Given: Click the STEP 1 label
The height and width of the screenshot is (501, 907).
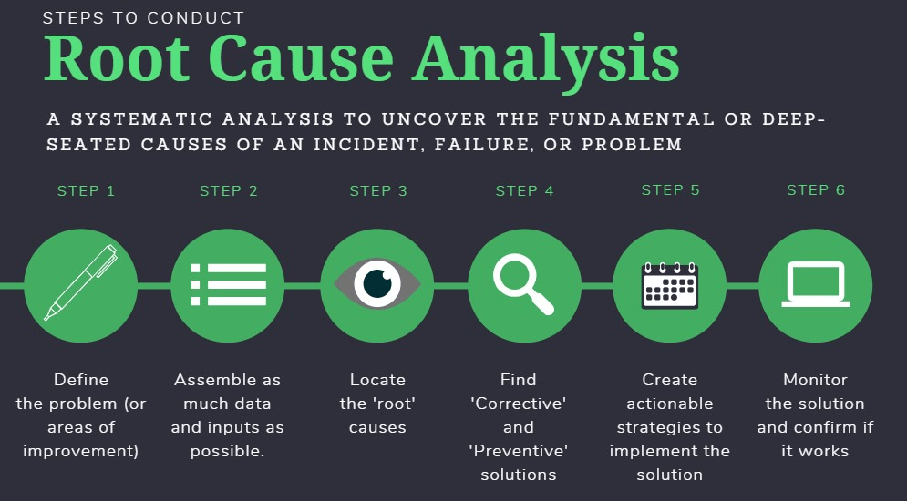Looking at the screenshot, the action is pyautogui.click(x=86, y=191).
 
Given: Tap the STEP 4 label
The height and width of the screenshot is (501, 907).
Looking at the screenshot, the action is pyautogui.click(x=524, y=191).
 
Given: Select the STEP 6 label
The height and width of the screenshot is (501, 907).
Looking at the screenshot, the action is pyautogui.click(x=816, y=190).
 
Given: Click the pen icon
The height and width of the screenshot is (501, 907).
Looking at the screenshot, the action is pyautogui.click(x=81, y=283).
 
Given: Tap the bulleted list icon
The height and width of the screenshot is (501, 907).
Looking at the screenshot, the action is pyautogui.click(x=228, y=284).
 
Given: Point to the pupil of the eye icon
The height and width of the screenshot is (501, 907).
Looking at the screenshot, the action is pyautogui.click(x=376, y=284).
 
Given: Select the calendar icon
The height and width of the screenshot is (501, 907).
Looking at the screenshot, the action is pyautogui.click(x=670, y=285).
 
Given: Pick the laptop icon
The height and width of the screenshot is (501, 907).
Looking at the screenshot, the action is pyautogui.click(x=816, y=284).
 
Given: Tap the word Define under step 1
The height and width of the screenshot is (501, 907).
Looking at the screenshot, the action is pyautogui.click(x=81, y=380).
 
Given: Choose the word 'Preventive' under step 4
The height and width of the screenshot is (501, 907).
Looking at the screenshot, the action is pyautogui.click(x=520, y=451).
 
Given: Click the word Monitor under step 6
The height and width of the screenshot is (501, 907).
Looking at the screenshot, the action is pyautogui.click(x=815, y=380).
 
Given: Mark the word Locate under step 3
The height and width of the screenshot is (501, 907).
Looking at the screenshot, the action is pyautogui.click(x=377, y=380).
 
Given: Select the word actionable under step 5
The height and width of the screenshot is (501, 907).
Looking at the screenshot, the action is pyautogui.click(x=669, y=404).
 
